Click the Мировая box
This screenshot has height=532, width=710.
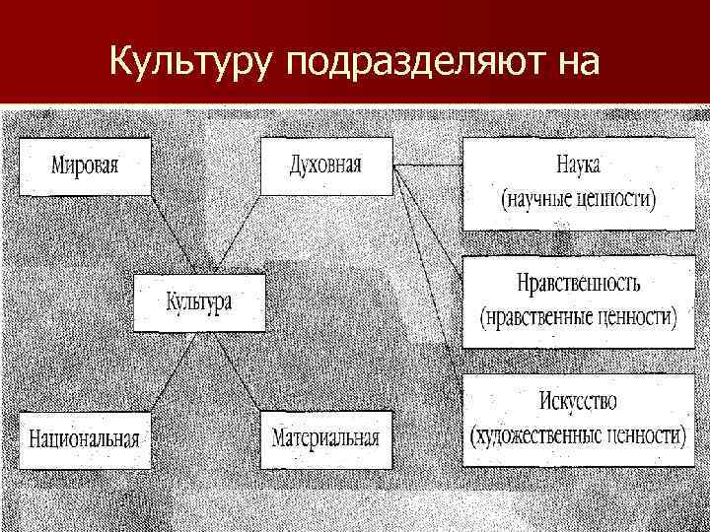point(85,166)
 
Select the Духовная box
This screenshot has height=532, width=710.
point(325,166)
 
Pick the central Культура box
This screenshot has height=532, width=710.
point(199,302)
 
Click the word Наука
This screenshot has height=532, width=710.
point(578,164)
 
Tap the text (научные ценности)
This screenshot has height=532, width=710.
point(578,199)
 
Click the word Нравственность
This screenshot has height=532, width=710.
point(578,284)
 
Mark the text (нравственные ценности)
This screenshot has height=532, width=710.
point(578,318)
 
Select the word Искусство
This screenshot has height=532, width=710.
point(578,402)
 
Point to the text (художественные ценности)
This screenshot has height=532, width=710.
point(578,434)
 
